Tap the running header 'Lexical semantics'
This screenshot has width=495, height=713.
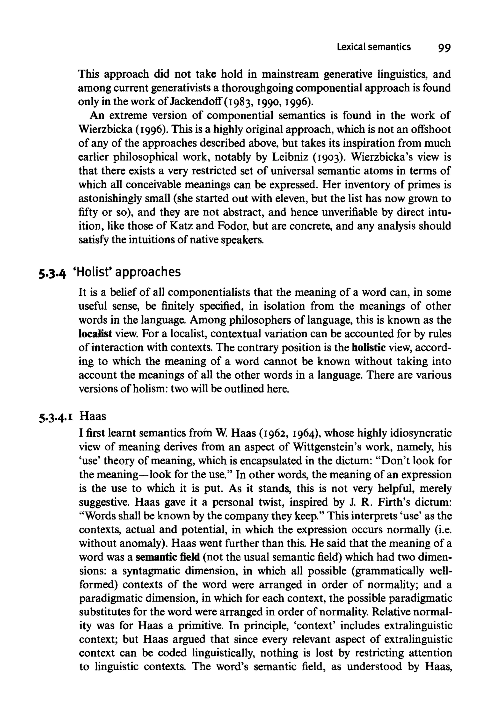374,47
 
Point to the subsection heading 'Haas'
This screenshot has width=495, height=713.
93,416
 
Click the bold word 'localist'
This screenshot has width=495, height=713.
95,334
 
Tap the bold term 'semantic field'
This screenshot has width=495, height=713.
168,557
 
